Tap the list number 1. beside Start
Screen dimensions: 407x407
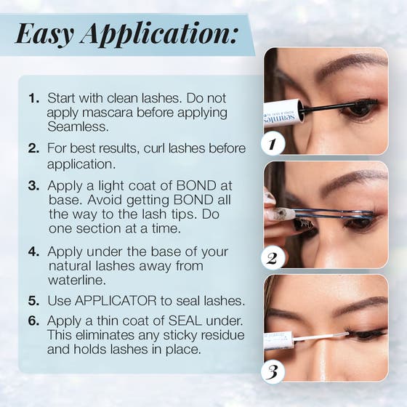pos(34,97)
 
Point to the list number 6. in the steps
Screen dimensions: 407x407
pos(34,321)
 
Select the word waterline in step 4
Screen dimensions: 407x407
pos(76,280)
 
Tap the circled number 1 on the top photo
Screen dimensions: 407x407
pos(273,144)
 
